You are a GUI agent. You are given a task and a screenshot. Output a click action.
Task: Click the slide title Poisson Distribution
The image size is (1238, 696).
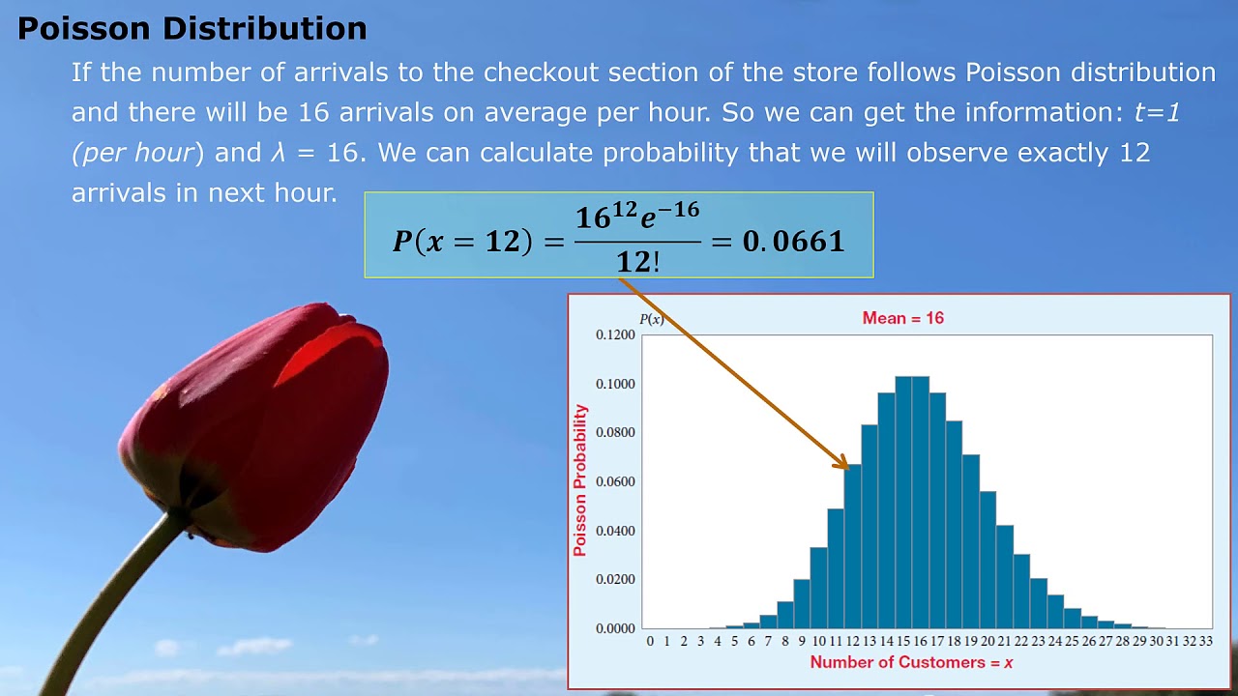(192, 28)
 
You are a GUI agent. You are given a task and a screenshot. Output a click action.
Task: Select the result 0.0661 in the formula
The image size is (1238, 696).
(793, 241)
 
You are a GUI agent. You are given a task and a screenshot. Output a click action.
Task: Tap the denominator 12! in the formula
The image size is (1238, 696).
(637, 260)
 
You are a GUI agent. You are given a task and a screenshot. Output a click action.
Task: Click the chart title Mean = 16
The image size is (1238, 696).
(902, 318)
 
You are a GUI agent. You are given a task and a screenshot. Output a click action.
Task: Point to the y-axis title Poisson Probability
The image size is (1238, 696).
(580, 480)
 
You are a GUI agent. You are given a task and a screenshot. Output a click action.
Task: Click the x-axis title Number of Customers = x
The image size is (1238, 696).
(911, 662)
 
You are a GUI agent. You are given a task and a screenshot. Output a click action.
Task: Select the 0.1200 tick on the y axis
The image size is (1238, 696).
(615, 334)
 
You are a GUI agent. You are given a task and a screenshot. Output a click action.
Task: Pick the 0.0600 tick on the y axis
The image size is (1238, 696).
(615, 481)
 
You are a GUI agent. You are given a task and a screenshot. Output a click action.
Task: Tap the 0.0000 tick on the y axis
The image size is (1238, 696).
(615, 628)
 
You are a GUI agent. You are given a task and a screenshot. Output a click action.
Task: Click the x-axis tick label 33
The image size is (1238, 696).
(1205, 641)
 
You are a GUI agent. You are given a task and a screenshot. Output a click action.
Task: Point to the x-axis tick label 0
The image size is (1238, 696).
(650, 641)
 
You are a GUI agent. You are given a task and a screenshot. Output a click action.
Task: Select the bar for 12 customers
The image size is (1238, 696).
(852, 547)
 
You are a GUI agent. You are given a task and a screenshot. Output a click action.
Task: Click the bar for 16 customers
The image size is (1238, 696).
(920, 503)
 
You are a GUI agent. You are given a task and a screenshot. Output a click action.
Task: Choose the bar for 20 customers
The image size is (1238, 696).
(987, 561)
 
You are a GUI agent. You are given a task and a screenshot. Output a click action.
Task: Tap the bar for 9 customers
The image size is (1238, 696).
(802, 604)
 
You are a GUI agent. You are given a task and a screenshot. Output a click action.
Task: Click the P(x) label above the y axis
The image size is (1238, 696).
(651, 319)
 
